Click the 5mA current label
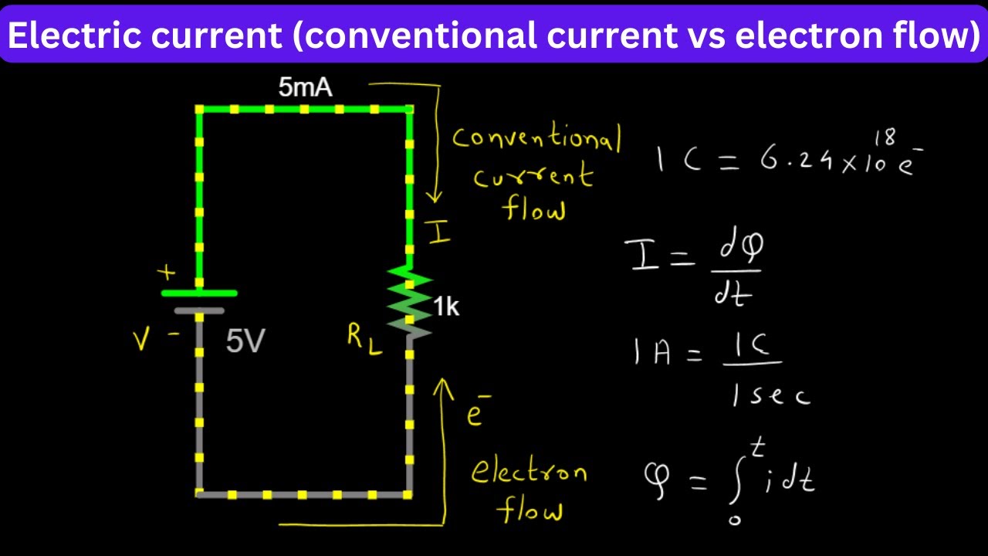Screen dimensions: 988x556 [305, 87]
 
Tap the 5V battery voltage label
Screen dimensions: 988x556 [245, 341]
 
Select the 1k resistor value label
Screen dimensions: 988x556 [446, 307]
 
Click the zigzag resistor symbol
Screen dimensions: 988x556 [409, 302]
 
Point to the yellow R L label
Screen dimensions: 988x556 [364, 339]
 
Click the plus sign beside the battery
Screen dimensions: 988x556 [167, 273]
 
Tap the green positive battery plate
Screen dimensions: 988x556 [199, 293]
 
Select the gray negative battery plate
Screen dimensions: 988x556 [199, 311]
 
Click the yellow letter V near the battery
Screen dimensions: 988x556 [141, 340]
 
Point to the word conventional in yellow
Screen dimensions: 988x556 [536, 137]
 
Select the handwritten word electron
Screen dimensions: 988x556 [529, 471]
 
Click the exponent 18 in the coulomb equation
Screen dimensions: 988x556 [885, 137]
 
